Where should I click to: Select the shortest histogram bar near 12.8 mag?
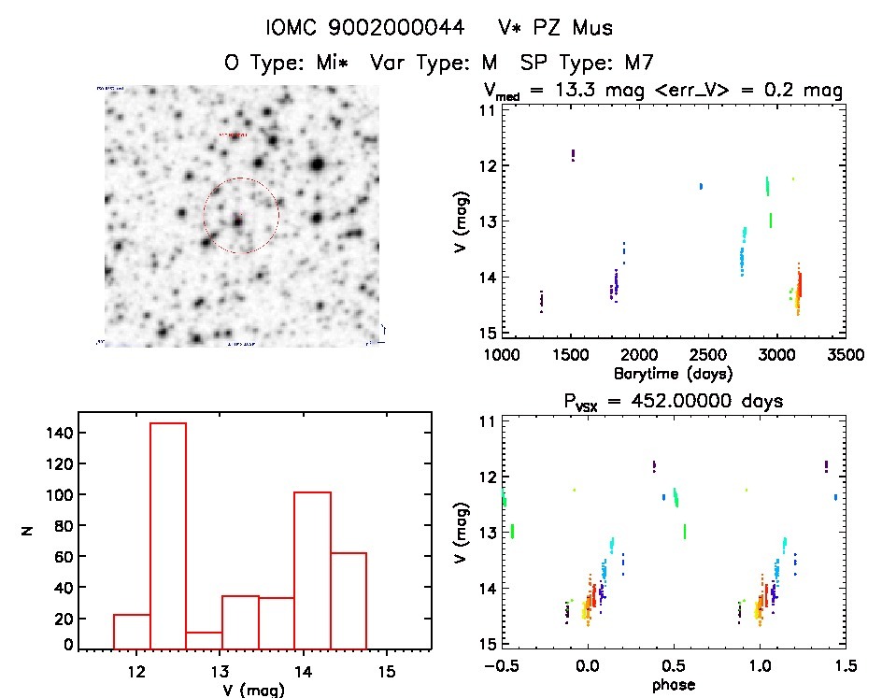click(x=204, y=639)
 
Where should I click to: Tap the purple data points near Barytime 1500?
click(x=573, y=155)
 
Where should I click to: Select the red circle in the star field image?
click(x=241, y=216)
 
